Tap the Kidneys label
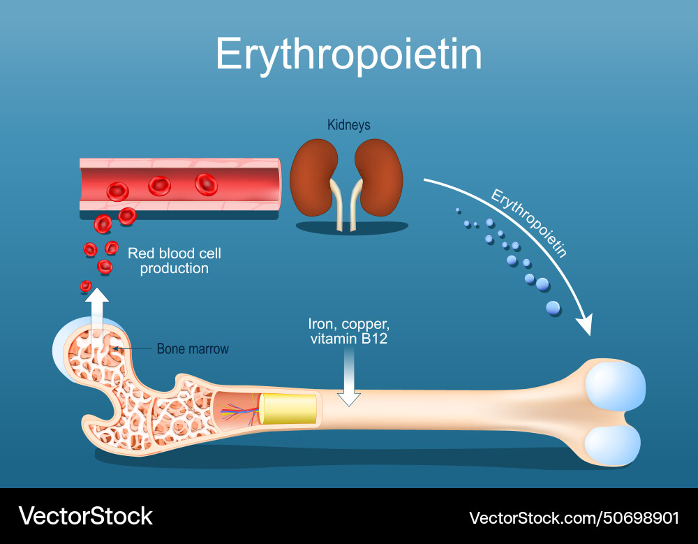348,125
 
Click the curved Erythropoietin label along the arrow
528,223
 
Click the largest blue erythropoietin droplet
553,307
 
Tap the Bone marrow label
192,348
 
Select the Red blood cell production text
174,260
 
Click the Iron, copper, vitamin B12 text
348,332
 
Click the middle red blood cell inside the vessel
160,186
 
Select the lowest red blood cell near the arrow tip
86,286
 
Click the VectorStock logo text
85,516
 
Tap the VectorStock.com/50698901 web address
574,517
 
